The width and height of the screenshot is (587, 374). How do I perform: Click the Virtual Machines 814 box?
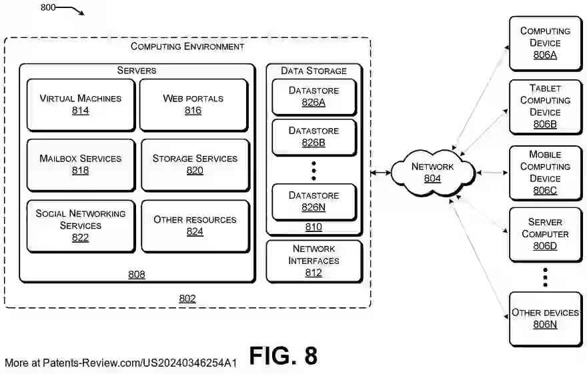(80, 104)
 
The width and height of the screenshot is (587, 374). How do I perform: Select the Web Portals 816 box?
(193, 104)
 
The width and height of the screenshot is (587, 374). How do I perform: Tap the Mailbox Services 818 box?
(80, 164)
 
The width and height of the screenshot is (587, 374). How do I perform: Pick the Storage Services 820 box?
(195, 164)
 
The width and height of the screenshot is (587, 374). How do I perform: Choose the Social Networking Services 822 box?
(80, 225)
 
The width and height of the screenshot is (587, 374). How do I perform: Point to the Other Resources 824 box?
(195, 225)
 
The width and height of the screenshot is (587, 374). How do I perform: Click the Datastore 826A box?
(314, 96)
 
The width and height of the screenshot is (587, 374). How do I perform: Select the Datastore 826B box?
(314, 136)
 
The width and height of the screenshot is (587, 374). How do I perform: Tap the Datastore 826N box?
(314, 201)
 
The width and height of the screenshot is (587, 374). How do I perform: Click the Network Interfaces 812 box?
(314, 260)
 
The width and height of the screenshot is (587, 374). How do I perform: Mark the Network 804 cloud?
(432, 173)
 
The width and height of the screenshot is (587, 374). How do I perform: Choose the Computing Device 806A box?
(545, 43)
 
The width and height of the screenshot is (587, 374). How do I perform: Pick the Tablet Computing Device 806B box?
(545, 106)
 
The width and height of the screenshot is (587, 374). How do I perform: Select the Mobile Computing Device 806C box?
(545, 173)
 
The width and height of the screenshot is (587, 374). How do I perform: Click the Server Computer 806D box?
(545, 234)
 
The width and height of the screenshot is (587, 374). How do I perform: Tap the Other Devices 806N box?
(545, 319)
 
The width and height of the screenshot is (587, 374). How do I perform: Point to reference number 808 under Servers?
(136, 274)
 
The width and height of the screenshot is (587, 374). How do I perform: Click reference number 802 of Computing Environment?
(187, 299)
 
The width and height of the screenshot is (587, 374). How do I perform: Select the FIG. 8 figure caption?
(283, 356)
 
